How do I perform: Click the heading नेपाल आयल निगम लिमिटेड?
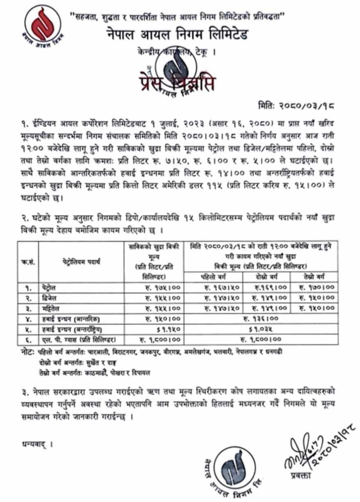coord(180,35)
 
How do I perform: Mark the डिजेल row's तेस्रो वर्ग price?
coord(317,297)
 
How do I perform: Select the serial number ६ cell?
coord(27,339)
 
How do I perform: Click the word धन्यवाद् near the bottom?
coord(33,444)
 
